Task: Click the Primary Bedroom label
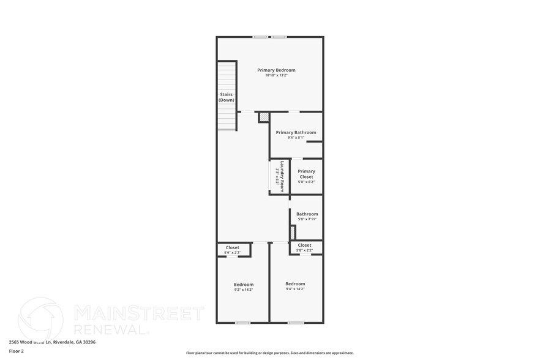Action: point(276,70)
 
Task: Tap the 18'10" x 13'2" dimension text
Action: point(276,75)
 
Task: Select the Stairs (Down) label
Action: point(227,97)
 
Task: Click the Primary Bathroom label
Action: point(296,132)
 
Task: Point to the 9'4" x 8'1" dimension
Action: point(296,138)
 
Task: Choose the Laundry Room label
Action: point(283,177)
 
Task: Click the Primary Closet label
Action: point(306,174)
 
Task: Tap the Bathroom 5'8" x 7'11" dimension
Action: point(307,219)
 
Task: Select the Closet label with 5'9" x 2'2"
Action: point(233,247)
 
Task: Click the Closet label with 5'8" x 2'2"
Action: point(304,245)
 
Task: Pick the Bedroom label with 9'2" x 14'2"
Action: point(243,284)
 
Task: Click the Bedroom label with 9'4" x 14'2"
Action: point(295,283)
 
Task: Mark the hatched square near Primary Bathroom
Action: point(264,116)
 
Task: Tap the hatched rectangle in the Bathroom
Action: point(293,233)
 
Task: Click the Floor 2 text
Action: point(16,351)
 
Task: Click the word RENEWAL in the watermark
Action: point(110,329)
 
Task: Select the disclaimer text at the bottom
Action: point(269,353)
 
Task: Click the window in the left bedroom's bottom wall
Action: point(243,323)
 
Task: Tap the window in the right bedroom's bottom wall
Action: point(296,323)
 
